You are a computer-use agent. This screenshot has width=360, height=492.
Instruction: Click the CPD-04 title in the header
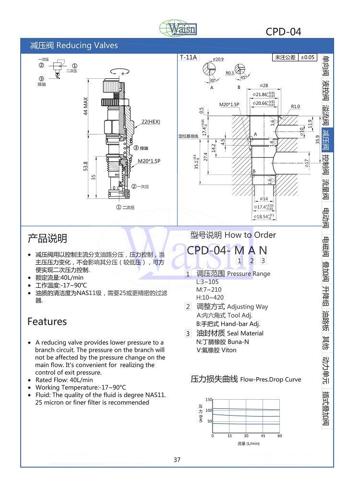pyautogui.click(x=283, y=32)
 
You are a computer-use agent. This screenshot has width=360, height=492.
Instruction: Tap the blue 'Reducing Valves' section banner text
pyautogui.click(x=87, y=46)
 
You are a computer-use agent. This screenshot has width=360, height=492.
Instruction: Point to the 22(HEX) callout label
pyautogui.click(x=150, y=122)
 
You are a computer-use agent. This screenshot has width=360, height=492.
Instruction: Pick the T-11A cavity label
pyautogui.click(x=189, y=57)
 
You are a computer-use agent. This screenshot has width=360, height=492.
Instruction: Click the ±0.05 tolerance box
pyautogui.click(x=308, y=57)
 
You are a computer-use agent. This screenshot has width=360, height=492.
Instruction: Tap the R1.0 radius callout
pyautogui.click(x=295, y=107)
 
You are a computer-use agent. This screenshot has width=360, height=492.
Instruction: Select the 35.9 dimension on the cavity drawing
pyautogui.click(x=317, y=139)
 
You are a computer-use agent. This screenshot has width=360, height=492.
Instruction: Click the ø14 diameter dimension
pyautogui.click(x=264, y=198)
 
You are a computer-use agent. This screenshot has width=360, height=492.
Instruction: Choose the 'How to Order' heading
pyautogui.click(x=250, y=235)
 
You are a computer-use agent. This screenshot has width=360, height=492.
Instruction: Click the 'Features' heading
pyautogui.click(x=47, y=321)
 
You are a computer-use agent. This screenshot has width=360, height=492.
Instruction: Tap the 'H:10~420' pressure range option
pyautogui.click(x=210, y=297)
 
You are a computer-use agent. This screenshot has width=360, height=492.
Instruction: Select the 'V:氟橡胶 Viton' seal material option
pyautogui.click(x=216, y=350)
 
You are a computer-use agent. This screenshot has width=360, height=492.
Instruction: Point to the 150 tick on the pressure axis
pyautogui.click(x=209, y=400)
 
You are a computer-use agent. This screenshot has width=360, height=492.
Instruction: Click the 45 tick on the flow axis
pyautogui.click(x=263, y=436)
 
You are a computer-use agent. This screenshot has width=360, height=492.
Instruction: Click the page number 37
pyautogui.click(x=177, y=460)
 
